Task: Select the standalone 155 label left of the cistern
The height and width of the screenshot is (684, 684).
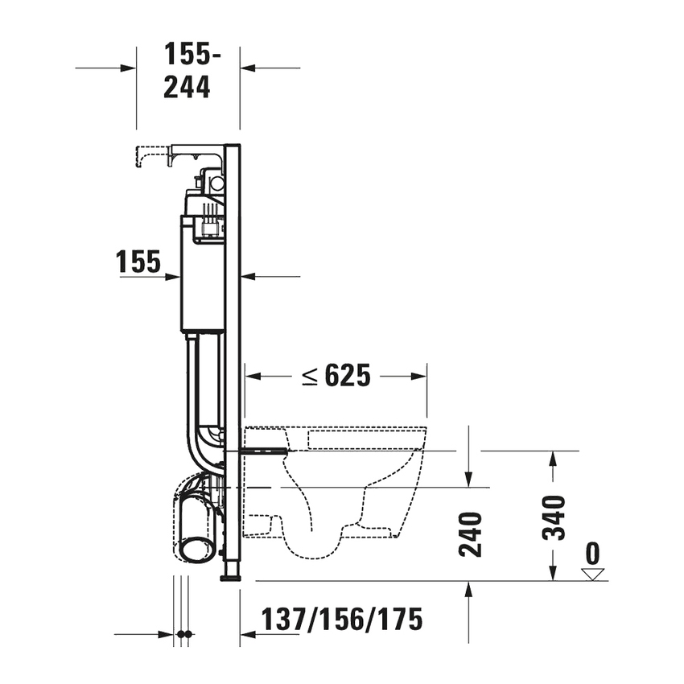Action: (138, 262)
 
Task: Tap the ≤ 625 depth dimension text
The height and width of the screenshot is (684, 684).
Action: (336, 375)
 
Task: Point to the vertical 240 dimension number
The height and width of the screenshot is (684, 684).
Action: (472, 534)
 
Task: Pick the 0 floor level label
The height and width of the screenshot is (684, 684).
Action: (593, 554)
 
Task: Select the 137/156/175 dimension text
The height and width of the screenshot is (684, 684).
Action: (341, 620)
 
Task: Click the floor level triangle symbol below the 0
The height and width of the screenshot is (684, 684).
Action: (593, 574)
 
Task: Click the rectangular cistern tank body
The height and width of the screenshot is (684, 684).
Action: (202, 274)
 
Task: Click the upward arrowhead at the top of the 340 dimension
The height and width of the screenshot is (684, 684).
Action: (552, 457)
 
